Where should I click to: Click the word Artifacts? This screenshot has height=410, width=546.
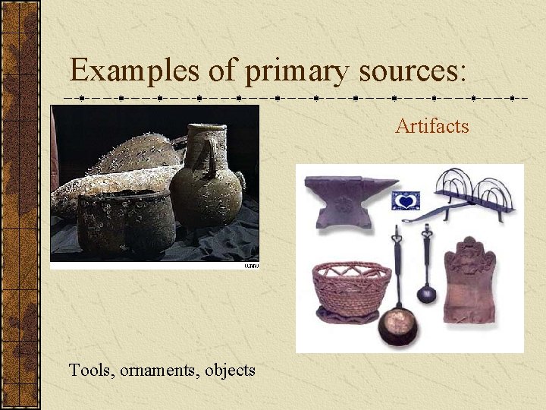tap(431, 126)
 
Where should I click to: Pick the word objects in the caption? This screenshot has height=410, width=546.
tap(230, 371)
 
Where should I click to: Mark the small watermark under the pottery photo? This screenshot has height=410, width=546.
tap(251, 266)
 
